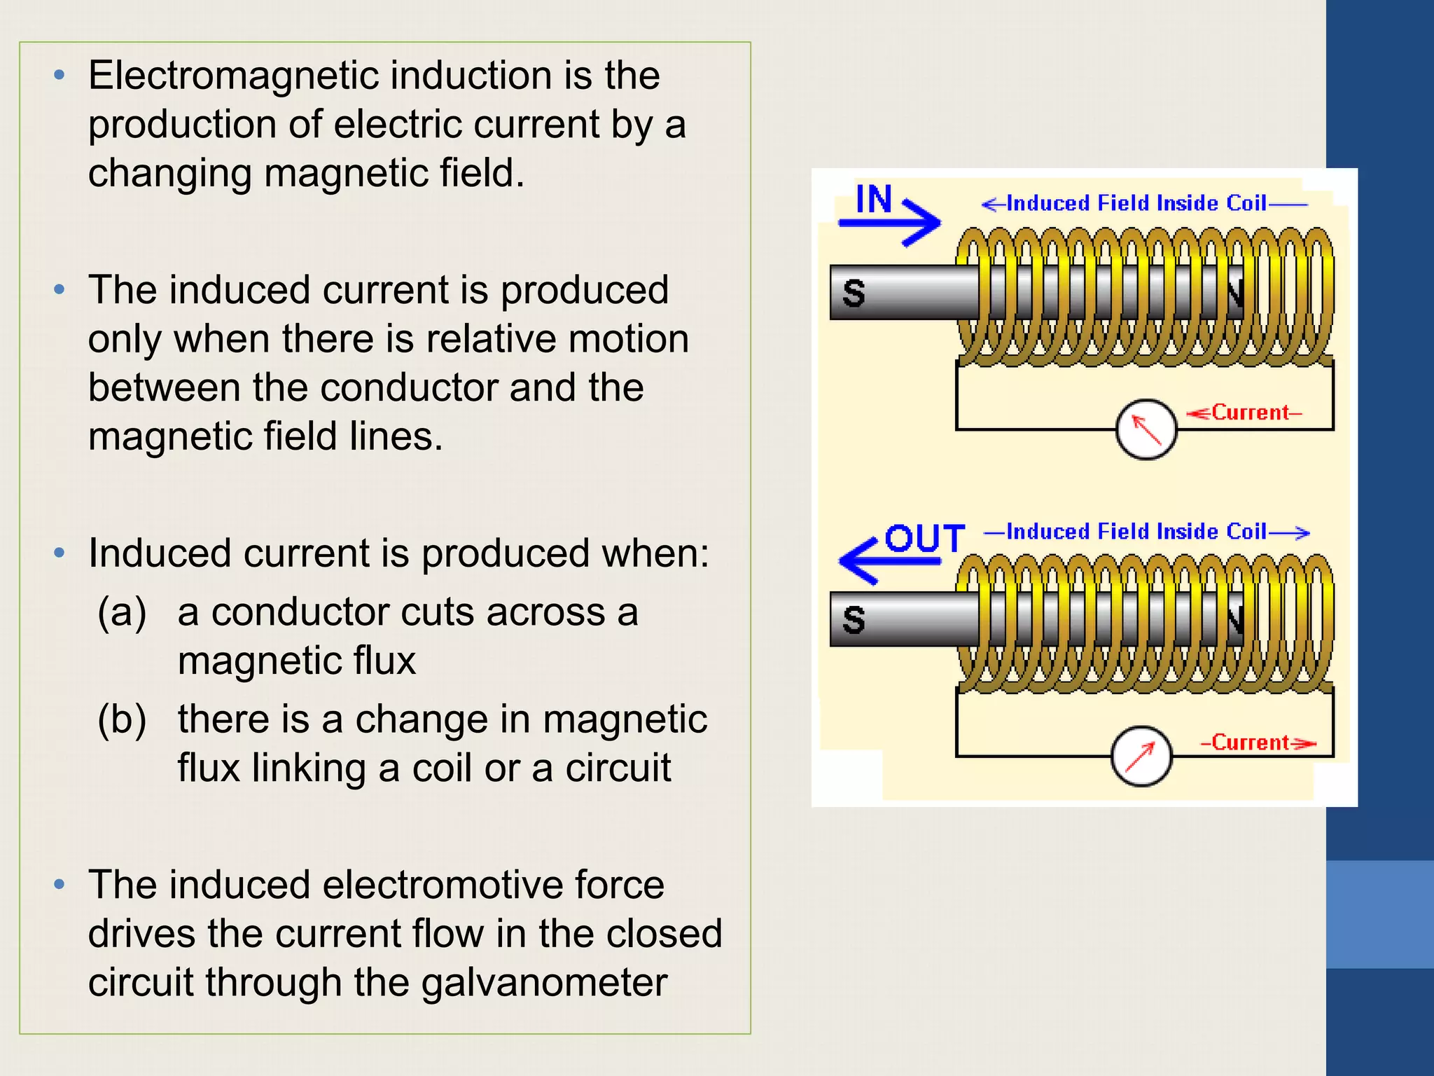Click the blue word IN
[874, 200]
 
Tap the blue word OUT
[925, 539]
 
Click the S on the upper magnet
[854, 293]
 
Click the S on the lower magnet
[854, 620]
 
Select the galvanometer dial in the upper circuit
[1146, 429]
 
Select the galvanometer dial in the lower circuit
[1141, 757]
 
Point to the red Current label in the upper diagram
[1251, 413]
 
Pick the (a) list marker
[122, 612]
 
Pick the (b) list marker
[122, 719]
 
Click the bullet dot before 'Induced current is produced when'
[60, 553]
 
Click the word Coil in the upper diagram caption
[1246, 203]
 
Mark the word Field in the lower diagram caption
[1123, 532]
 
